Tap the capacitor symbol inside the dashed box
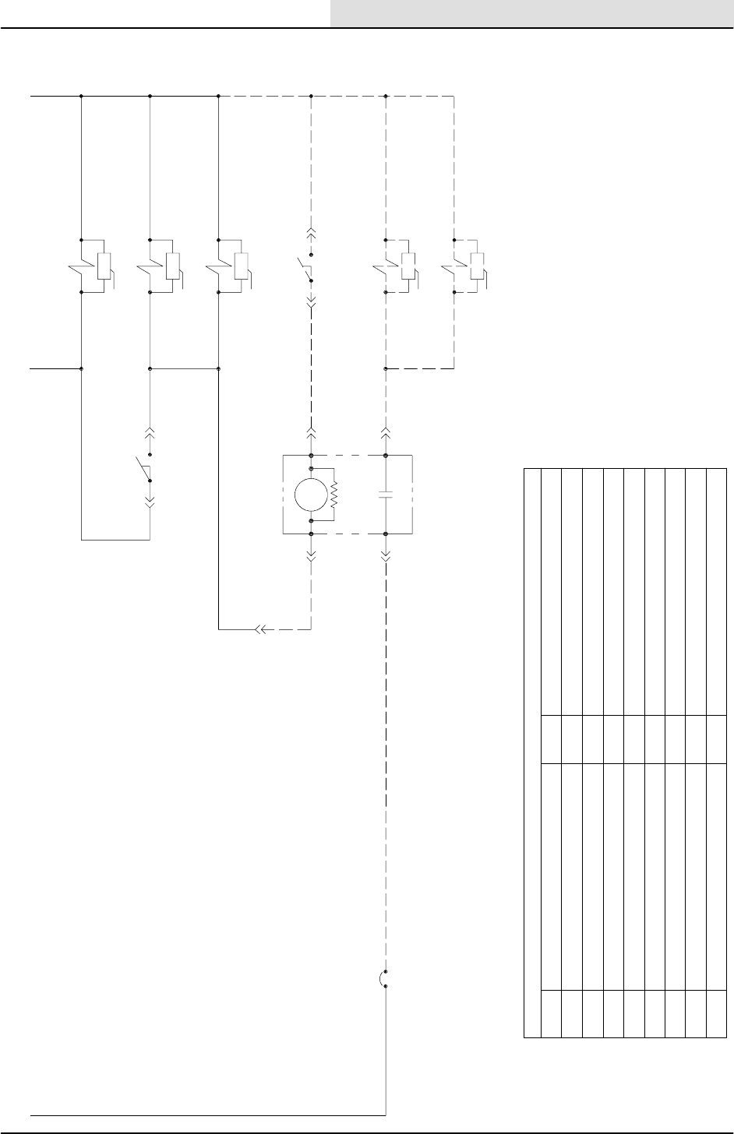387,494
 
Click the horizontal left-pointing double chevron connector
260,629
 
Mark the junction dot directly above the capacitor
387,454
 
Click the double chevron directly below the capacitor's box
387,555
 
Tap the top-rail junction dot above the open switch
311,97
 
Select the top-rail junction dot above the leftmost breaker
82,97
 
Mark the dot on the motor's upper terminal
311,469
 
